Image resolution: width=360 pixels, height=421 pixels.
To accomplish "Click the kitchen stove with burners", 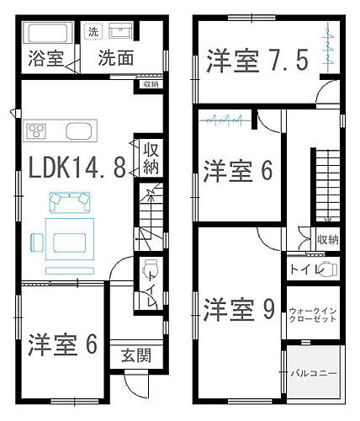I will (x=38, y=130).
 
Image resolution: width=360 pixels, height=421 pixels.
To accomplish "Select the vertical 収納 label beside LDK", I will (x=150, y=157).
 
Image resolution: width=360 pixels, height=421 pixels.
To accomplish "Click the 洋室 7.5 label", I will (x=257, y=61).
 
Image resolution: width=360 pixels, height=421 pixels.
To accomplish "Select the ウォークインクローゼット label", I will (x=313, y=314).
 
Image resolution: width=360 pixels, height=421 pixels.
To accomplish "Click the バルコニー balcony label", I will (x=314, y=371).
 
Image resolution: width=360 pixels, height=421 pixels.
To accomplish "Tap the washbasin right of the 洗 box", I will (x=123, y=33).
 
